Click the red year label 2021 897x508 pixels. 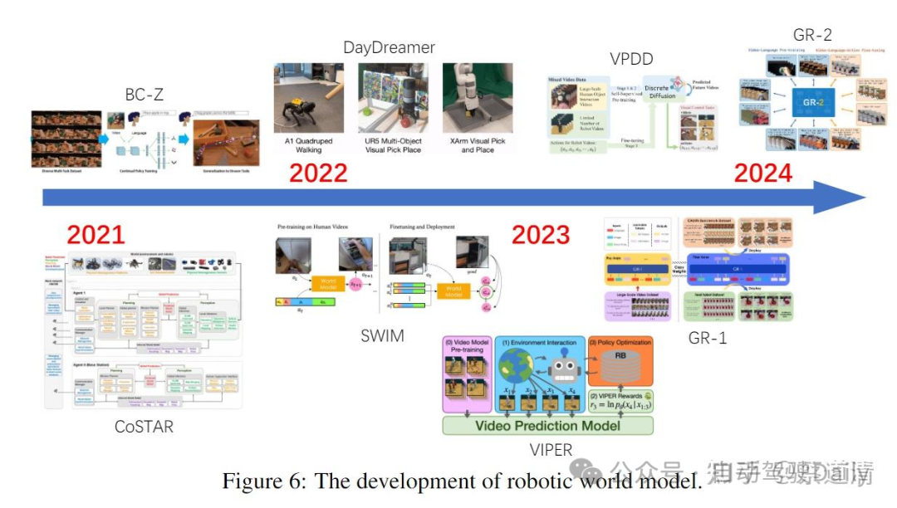pos(96,235)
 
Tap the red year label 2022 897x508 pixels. pos(318,173)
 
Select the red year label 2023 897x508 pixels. pos(541,235)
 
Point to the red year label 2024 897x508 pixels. pos(763,173)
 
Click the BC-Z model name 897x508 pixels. pos(145,95)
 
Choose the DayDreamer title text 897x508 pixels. pos(389,47)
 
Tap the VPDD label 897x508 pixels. pos(630,59)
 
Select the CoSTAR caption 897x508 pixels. pos(144,427)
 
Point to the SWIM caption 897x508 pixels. pos(383,335)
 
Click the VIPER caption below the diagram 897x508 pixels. pos(550,450)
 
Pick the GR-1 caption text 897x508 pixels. pos(708,337)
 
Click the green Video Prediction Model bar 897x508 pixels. pos(548,426)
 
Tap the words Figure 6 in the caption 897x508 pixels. pos(257,481)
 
